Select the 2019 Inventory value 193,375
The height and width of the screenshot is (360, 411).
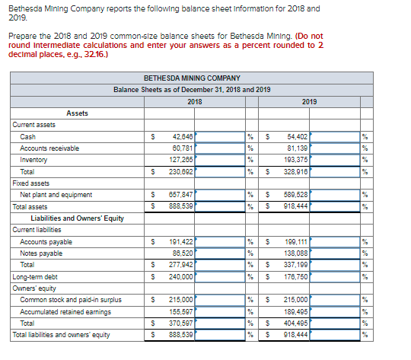pos(298,160)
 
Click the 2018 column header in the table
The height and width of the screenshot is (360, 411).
pos(194,101)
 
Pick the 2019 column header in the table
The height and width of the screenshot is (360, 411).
pos(309,101)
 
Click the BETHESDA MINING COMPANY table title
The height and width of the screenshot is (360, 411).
pos(192,78)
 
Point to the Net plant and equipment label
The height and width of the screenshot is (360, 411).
pos(56,195)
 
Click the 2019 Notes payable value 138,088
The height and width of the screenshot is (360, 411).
pos(298,253)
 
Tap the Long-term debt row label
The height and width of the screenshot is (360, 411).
pos(35,277)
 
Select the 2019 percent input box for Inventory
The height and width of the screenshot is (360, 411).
pos(336,160)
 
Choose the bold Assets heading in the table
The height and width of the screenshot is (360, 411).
pos(77,113)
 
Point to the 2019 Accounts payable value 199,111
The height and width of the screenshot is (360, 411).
pos(298,242)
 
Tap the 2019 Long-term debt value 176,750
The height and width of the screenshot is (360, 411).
pos(298,277)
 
